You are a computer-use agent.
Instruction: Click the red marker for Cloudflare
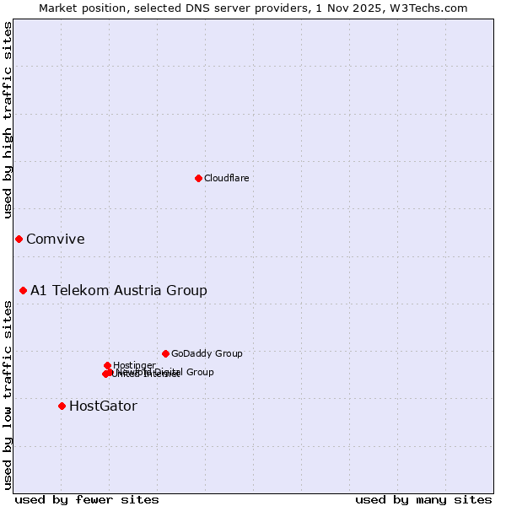pyautogui.click(x=198, y=178)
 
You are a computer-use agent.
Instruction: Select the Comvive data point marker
pyautogui.click(x=19, y=239)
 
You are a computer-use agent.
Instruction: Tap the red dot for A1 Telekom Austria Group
pyautogui.click(x=23, y=290)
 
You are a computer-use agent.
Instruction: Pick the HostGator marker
pyautogui.click(x=62, y=406)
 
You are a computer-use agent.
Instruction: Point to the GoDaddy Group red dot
pyautogui.click(x=165, y=353)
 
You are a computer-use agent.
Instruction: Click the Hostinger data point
pyautogui.click(x=107, y=365)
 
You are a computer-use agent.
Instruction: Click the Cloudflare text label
pyautogui.click(x=226, y=178)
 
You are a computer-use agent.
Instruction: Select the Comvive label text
pyautogui.click(x=55, y=239)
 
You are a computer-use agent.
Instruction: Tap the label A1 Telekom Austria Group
pyautogui.click(x=118, y=290)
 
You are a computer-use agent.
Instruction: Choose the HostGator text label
pyautogui.click(x=103, y=406)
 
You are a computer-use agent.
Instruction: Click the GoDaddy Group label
pyautogui.click(x=206, y=353)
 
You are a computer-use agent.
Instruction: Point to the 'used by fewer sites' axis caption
pyautogui.click(x=87, y=499)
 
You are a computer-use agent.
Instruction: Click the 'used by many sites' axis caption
pyautogui.click(x=423, y=499)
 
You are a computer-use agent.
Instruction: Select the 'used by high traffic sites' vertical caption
pyautogui.click(x=8, y=121)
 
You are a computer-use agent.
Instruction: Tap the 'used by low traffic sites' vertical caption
pyautogui.click(x=8, y=395)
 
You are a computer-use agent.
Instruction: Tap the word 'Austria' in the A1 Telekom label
pyautogui.click(x=143, y=290)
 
